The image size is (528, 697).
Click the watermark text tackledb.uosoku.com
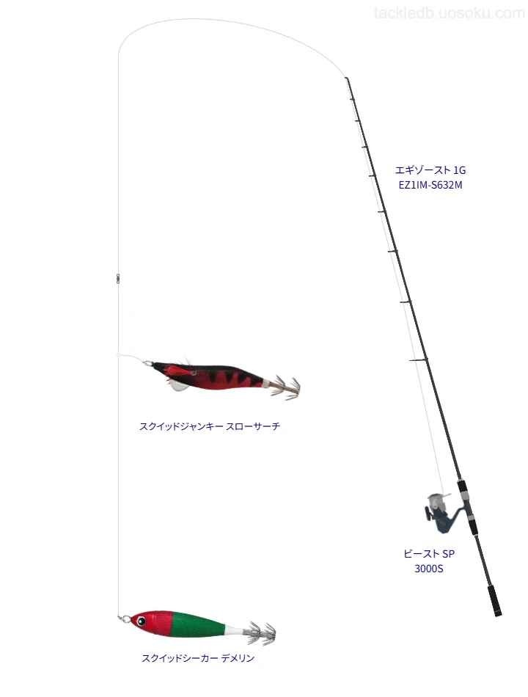pos(450,13)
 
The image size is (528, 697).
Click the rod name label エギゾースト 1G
pos(430,170)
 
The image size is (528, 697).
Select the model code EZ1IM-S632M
pos(430,186)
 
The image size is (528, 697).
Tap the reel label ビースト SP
pos(429,554)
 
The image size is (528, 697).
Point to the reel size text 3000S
pos(429,569)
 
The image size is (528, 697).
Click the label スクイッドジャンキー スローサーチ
pos(210,426)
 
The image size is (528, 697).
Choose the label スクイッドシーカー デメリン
pos(198,658)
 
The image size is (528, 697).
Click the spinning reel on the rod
pos(441,512)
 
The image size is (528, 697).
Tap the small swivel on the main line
pos(117,278)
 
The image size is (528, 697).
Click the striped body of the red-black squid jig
pos(222,377)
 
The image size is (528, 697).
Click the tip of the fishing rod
pos(346,79)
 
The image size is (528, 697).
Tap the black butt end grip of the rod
pos(494,601)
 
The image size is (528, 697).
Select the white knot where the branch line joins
pos(118,355)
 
